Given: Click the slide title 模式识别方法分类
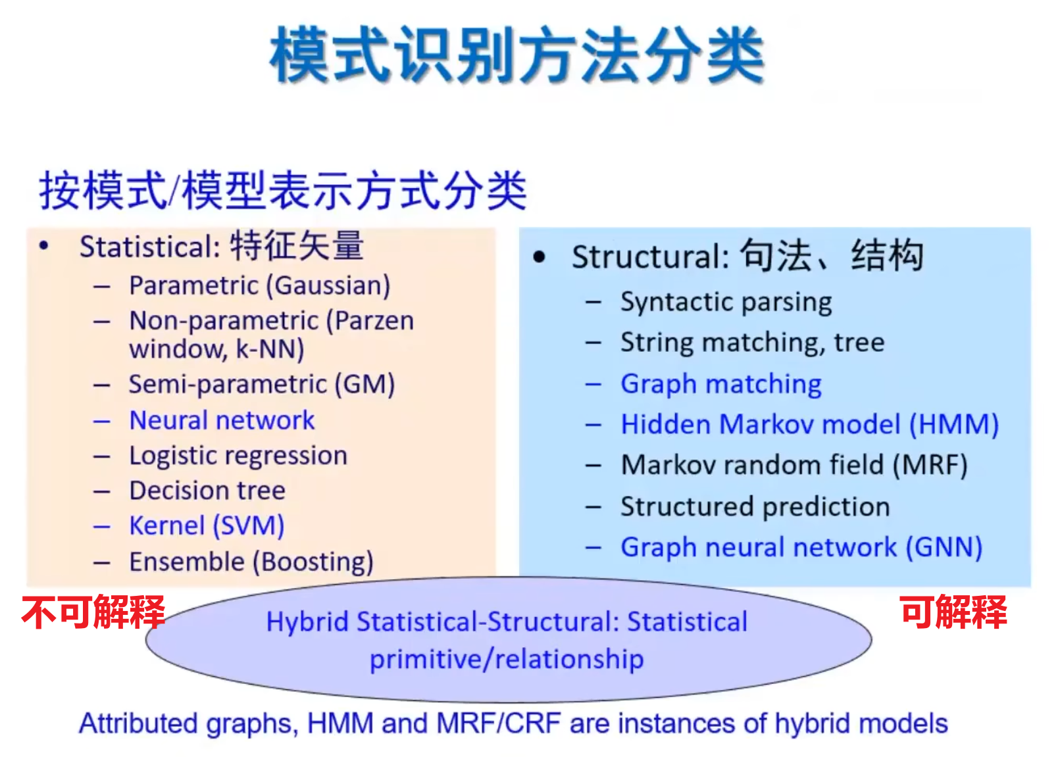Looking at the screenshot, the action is click(517, 55).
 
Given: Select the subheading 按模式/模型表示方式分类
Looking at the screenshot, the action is click(283, 191).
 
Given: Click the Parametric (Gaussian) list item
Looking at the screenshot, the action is click(260, 285).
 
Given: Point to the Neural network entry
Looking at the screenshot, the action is click(222, 420).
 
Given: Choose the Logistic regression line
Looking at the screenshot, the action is click(238, 456).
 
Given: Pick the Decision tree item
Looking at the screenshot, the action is click(207, 491).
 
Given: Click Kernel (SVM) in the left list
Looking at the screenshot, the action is click(207, 526).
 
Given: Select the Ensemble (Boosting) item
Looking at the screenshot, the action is click(251, 562).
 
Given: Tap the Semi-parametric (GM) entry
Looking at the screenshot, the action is click(262, 384).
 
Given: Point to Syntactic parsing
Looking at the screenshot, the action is click(726, 302).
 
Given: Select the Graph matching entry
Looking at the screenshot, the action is click(721, 384).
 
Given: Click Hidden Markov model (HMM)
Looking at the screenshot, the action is click(810, 425).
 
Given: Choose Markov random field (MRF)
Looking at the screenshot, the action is click(794, 466).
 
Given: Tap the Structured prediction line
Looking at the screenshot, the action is click(755, 507).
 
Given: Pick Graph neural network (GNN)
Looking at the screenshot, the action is click(801, 547).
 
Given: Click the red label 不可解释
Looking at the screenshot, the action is click(93, 612).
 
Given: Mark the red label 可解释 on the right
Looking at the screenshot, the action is click(953, 612).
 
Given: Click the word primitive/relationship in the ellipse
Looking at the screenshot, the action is click(507, 659).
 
